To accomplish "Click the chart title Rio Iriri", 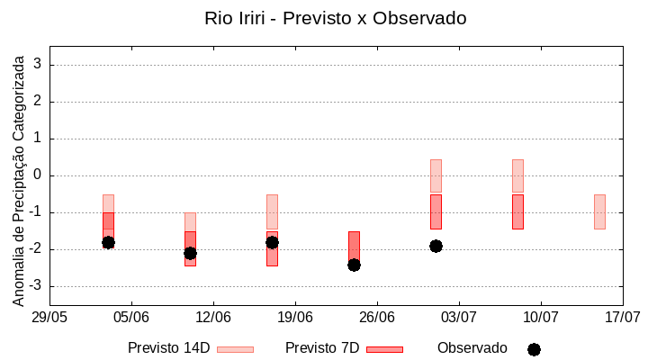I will click(x=335, y=18).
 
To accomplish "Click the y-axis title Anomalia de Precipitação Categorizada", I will click(x=18, y=178).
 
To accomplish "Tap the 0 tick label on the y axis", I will click(x=38, y=175).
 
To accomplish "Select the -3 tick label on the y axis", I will click(x=34, y=286).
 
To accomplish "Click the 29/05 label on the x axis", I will click(x=49, y=317).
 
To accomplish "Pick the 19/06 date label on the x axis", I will click(x=295, y=317).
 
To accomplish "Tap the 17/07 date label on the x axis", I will click(x=622, y=317).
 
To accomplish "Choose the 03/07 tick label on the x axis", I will click(x=459, y=317).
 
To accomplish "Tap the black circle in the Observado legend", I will click(x=534, y=349).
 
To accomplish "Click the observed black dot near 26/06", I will click(x=354, y=265).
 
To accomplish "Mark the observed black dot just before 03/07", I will click(x=436, y=246).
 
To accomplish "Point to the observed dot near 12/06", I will click(x=190, y=253).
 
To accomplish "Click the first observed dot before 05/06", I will click(x=108, y=242).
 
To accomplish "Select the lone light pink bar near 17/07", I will click(x=599, y=211).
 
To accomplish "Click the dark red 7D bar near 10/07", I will click(x=517, y=211).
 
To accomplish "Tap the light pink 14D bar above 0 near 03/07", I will click(x=436, y=176).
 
